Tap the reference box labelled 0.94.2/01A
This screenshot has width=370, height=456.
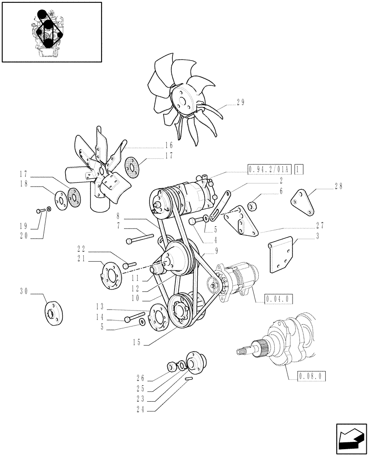click(x=270, y=170)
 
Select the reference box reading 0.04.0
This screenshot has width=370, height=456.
click(x=278, y=299)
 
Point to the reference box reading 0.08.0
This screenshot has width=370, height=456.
click(x=313, y=377)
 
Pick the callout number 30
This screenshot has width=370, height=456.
click(x=24, y=290)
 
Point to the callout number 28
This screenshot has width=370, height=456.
click(x=338, y=186)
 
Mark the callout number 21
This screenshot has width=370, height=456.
click(x=81, y=258)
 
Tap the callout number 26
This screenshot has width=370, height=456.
click(x=140, y=377)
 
